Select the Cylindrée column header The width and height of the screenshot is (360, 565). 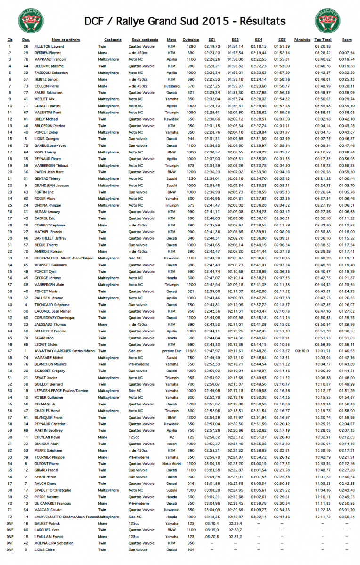pyautogui.click(x=190, y=40)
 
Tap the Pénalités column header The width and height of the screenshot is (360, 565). pyautogui.click(x=302, y=40)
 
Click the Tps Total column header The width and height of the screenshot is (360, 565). pyautogui.click(x=323, y=40)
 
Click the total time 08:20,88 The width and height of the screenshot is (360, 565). pyautogui.click(x=323, y=47)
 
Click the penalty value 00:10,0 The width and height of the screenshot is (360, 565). pyautogui.click(x=302, y=351)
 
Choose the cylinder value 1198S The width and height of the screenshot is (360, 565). pyautogui.click(x=190, y=351)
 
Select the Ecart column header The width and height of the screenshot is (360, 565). pyautogui.click(x=347, y=40)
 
